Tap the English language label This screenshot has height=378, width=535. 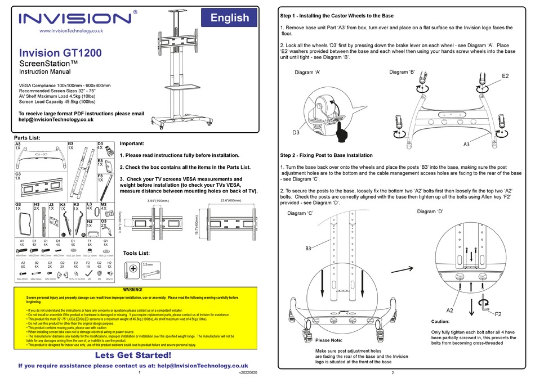229,17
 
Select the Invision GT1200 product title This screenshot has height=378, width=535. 61,53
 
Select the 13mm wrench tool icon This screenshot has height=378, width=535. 153,270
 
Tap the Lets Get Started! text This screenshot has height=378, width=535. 133,355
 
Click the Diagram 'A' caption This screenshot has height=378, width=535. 307,73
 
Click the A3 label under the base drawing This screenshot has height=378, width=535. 466,145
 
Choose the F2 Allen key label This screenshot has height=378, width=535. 498,313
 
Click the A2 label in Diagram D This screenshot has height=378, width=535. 450,310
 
